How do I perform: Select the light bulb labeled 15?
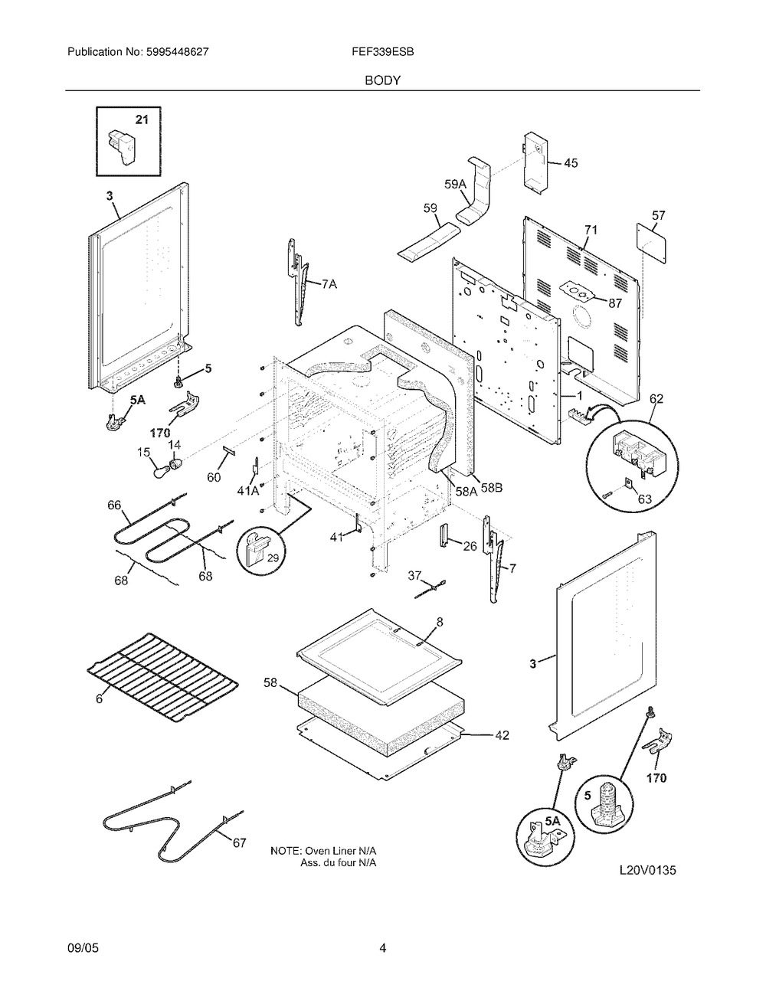[160, 469]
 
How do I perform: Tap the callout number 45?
[571, 163]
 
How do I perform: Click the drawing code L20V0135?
[648, 870]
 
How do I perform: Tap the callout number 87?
[615, 303]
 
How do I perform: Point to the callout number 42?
[502, 736]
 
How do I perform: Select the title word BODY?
[382, 80]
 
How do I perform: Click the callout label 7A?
[329, 284]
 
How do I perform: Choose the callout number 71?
[591, 230]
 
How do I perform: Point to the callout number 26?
[470, 547]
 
